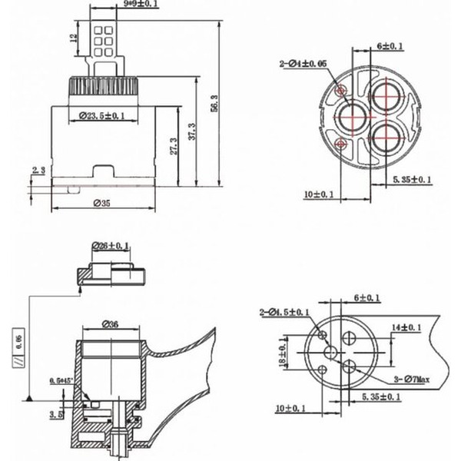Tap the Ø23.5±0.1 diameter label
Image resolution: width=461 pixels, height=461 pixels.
click(104, 116)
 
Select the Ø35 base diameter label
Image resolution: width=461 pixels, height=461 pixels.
click(104, 203)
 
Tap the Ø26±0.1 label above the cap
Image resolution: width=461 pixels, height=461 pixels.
click(111, 246)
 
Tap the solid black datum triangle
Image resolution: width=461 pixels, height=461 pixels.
click(28, 397)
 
